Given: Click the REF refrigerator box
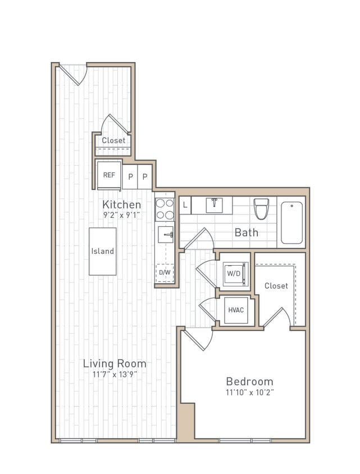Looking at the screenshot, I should [x=109, y=175].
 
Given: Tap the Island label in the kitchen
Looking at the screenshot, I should [x=103, y=252].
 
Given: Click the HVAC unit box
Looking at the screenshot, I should [x=236, y=310].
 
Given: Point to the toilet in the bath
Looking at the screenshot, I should [x=261, y=208].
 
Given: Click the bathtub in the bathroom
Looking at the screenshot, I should [x=291, y=222].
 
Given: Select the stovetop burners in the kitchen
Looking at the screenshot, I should [x=165, y=209].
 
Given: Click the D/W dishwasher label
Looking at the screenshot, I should [x=165, y=272].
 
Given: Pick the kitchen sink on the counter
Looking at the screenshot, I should [x=166, y=234].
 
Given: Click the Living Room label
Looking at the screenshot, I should [x=115, y=363].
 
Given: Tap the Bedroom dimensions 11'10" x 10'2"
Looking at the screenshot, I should [x=249, y=393].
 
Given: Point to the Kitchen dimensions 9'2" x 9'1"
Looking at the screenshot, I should [x=121, y=215].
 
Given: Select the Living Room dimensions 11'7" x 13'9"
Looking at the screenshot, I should [x=115, y=374].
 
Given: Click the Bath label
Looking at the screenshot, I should [x=247, y=232].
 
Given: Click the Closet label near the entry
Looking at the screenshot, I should [x=113, y=140].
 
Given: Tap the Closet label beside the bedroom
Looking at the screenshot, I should [x=276, y=286].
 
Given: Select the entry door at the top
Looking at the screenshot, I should [x=74, y=73].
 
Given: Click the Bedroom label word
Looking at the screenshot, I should [x=249, y=381].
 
